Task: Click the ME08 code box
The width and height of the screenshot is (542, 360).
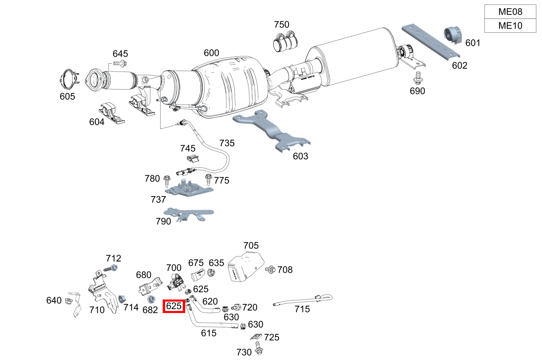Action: [510, 11]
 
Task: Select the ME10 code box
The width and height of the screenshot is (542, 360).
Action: [510, 26]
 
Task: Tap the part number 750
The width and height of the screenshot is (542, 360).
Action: [281, 25]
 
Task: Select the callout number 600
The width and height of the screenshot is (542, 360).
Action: [211, 53]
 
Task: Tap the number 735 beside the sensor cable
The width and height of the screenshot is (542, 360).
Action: [227, 143]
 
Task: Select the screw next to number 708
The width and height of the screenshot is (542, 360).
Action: [270, 270]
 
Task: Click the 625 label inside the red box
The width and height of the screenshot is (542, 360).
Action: [174, 306]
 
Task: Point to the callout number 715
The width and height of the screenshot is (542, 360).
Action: [302, 309]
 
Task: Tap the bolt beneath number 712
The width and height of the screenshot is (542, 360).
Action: [113, 268]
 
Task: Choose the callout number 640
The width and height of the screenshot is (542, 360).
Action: [54, 301]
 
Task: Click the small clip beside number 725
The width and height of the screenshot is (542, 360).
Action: [256, 337]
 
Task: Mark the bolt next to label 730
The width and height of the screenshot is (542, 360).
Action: [258, 348]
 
